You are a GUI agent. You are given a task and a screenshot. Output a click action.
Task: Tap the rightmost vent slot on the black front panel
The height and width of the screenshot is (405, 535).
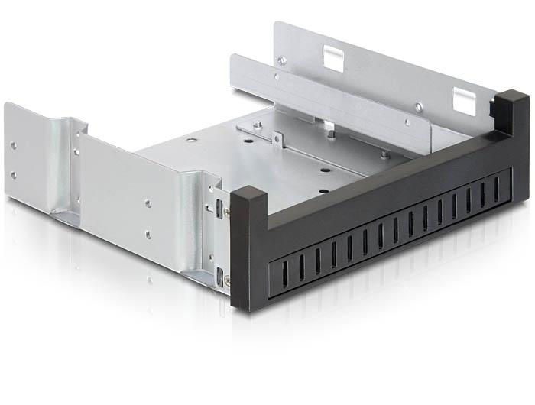[x=496, y=186]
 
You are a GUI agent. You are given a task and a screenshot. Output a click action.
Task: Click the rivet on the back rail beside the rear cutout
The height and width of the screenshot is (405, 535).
[x=283, y=60]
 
